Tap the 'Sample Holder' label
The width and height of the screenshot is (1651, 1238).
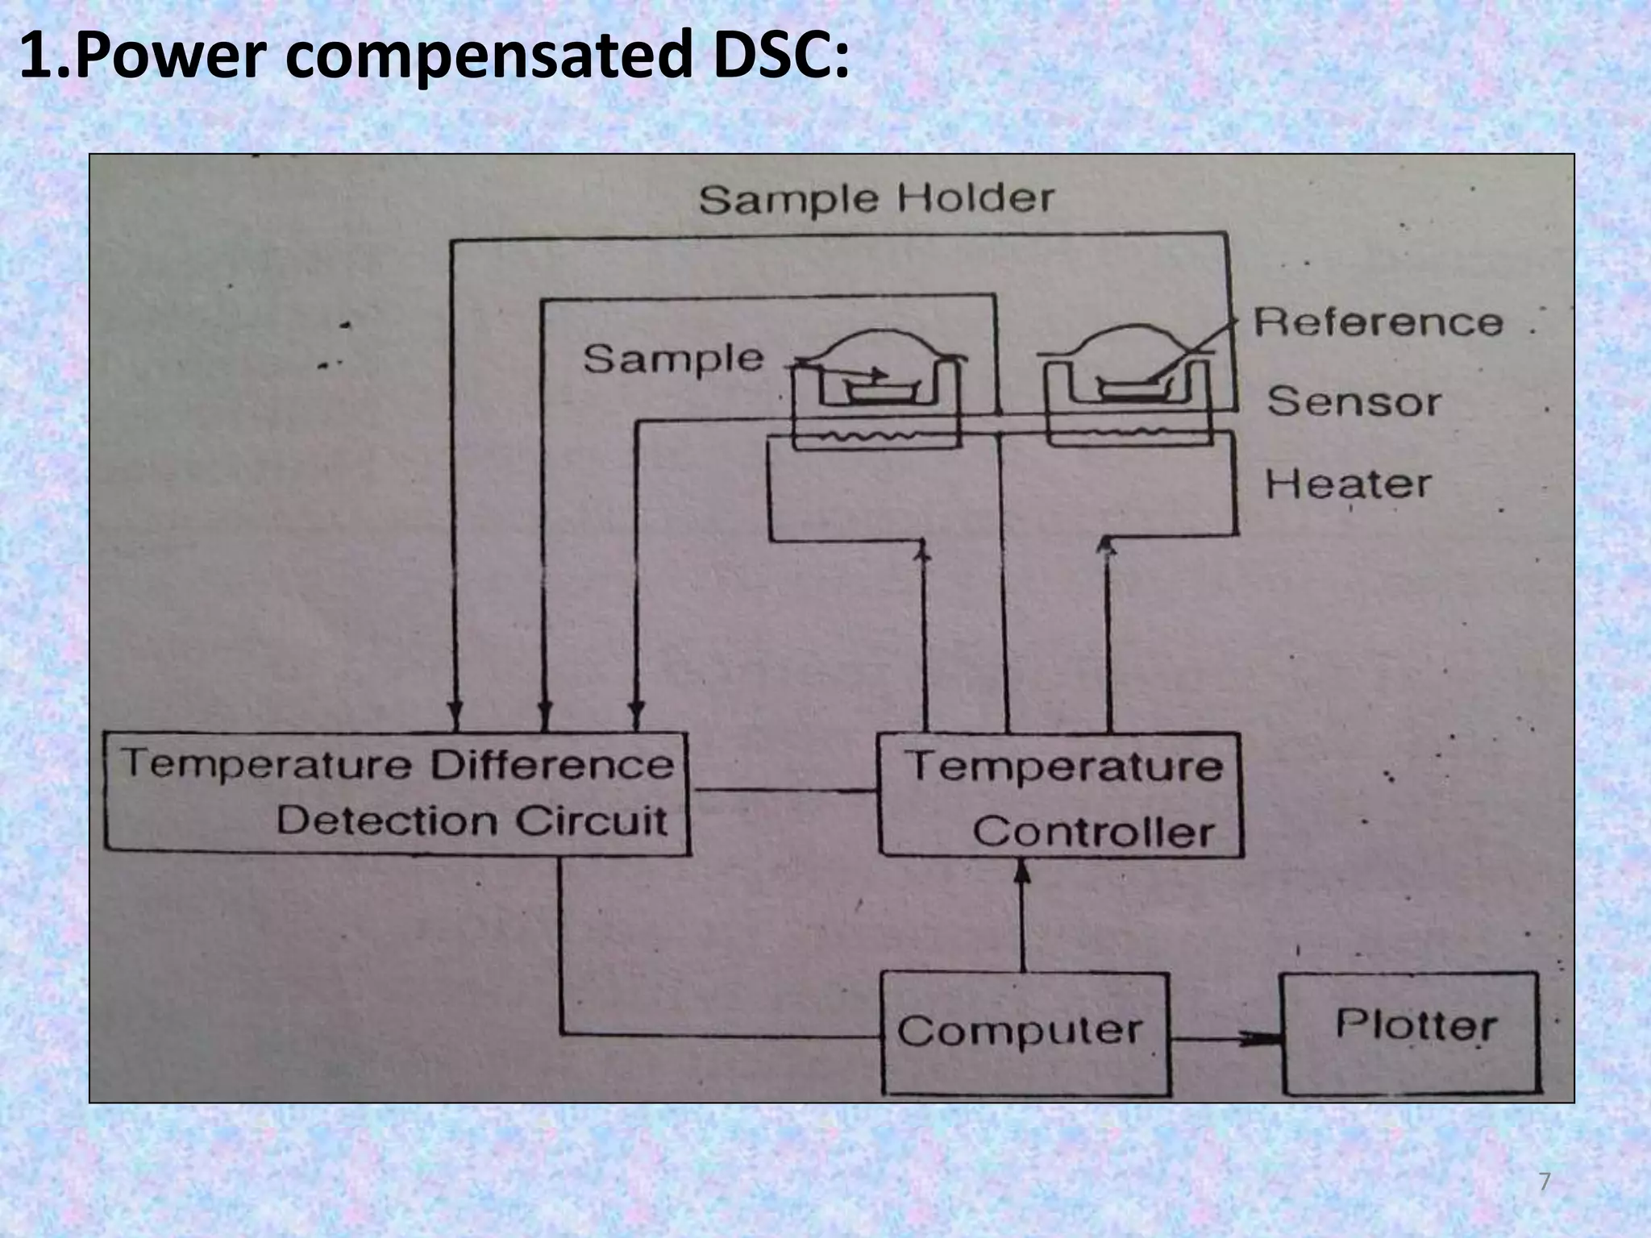[875, 199]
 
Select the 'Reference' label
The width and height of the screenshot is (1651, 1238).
[1378, 322]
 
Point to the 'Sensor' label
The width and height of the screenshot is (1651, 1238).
[1354, 401]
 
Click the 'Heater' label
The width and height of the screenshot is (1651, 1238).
[1348, 484]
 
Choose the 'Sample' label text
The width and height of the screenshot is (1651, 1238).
[672, 359]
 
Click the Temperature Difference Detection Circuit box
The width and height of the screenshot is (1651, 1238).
[397, 791]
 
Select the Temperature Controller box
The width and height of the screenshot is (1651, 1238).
[1060, 795]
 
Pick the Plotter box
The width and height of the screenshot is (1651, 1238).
[1411, 1033]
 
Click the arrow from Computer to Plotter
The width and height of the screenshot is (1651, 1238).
[1225, 1039]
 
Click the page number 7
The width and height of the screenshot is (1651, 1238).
[1544, 1182]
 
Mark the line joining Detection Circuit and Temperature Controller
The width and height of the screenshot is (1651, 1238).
[783, 791]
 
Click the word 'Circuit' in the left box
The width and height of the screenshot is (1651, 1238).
[592, 821]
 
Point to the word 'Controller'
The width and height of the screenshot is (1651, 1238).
[1093, 833]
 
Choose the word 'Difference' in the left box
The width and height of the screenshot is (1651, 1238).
[551, 764]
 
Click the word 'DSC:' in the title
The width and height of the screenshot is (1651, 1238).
[780, 56]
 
